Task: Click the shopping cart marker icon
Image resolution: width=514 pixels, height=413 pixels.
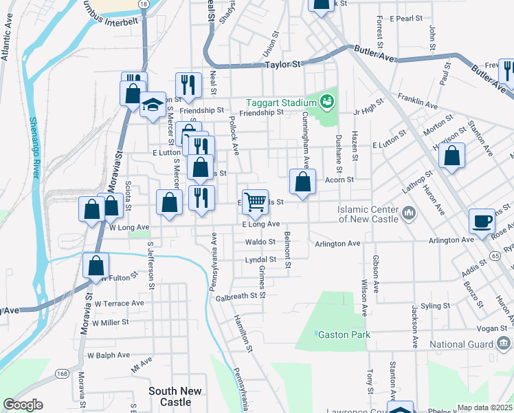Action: [x=255, y=201]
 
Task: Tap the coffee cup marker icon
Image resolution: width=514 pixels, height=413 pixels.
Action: [x=482, y=222]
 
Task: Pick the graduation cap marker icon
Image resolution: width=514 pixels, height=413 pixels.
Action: [x=153, y=104]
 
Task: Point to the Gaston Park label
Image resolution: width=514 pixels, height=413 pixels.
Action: [x=344, y=335]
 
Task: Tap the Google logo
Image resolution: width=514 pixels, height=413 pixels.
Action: [x=23, y=404]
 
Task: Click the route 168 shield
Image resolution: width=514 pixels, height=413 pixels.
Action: [x=62, y=374]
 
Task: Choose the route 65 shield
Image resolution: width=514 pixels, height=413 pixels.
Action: [x=495, y=255]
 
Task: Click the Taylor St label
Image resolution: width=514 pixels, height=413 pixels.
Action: [x=283, y=65]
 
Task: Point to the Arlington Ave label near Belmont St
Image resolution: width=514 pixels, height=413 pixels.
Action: [x=337, y=244]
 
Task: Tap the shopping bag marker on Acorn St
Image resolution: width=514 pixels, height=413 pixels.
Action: [x=302, y=181]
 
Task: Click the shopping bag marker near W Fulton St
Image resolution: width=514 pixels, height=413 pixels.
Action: [x=96, y=265]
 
